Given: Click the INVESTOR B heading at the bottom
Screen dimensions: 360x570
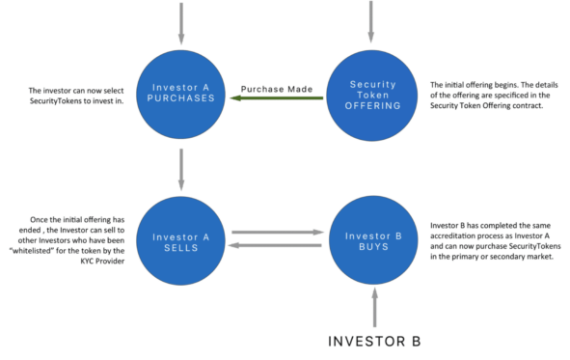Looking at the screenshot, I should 373,341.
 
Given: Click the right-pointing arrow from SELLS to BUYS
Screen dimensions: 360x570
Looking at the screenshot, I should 276,232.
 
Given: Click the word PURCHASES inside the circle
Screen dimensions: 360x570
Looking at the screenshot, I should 181,98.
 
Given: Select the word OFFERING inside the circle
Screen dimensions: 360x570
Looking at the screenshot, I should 371,106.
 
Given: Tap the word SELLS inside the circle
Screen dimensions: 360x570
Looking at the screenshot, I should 181,246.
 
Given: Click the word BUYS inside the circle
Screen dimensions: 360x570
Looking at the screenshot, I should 371,246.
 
